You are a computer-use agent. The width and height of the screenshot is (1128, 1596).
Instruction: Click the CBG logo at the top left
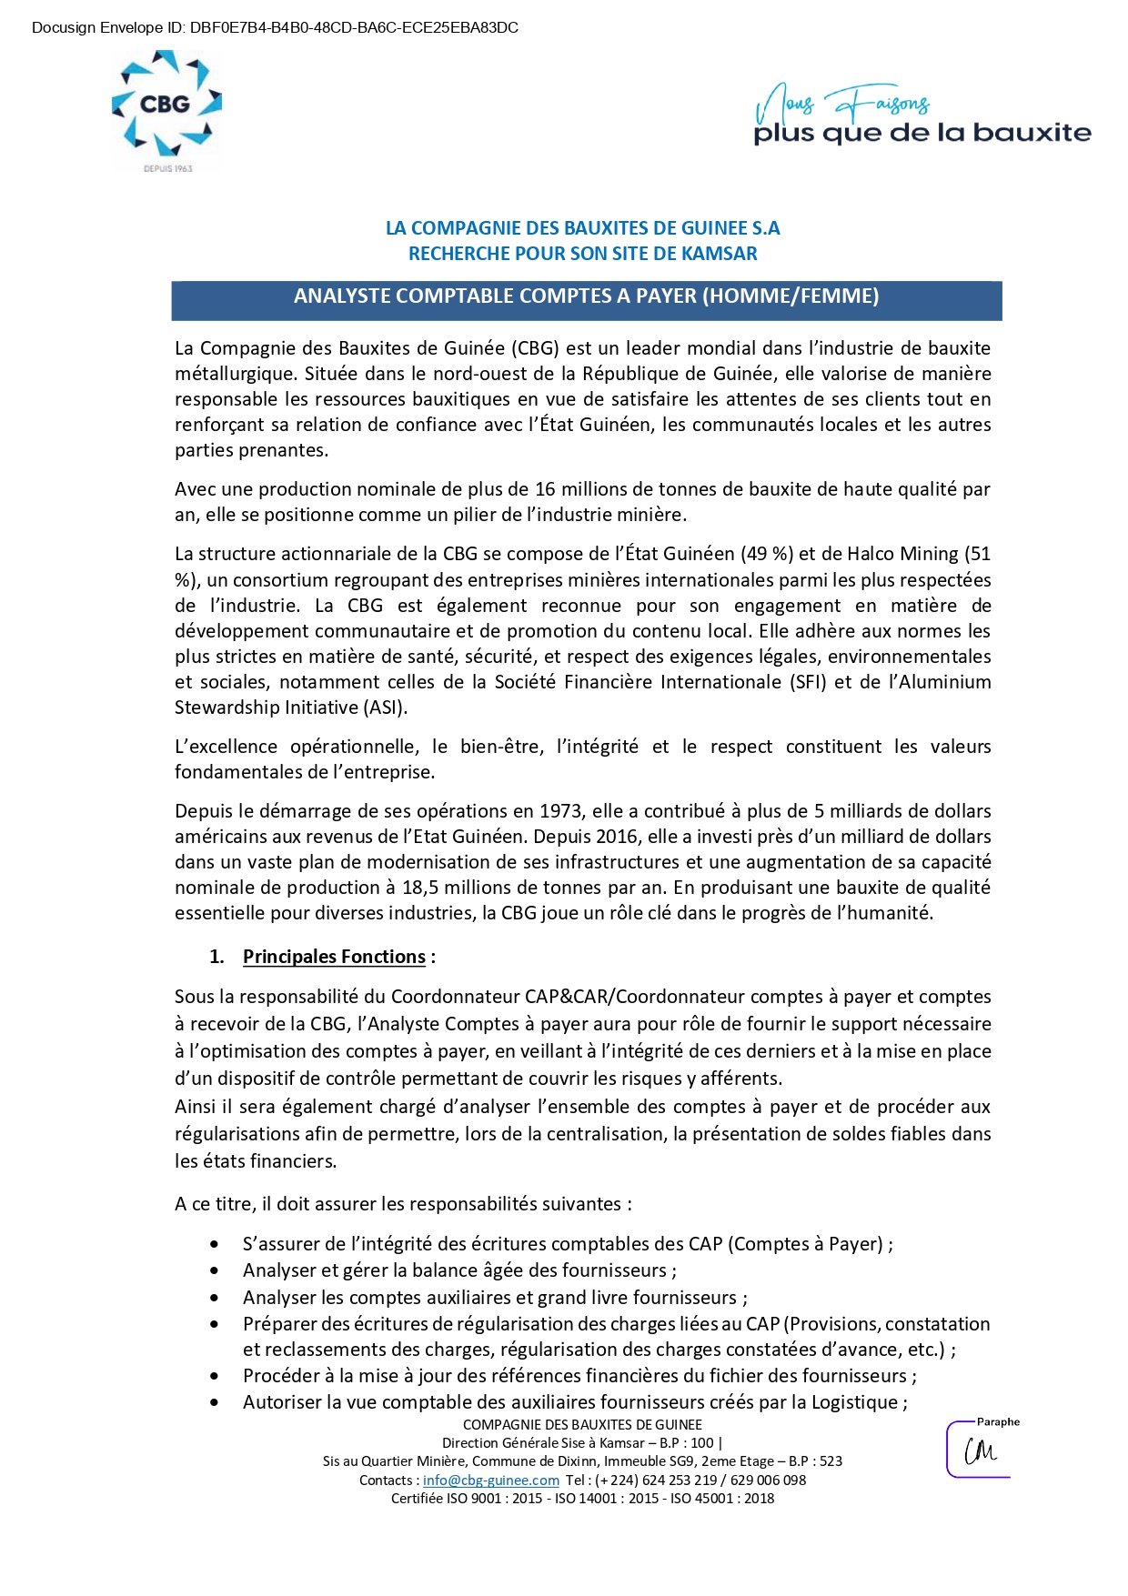click(166, 107)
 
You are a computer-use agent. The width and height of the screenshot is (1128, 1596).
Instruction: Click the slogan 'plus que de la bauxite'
click(922, 134)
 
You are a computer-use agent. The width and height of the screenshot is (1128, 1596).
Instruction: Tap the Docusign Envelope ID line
click(275, 28)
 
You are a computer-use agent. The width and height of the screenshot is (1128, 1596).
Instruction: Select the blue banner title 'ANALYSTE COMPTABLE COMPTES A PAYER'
click(586, 296)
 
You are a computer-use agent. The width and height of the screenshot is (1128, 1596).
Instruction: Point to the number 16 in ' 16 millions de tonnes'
click(545, 489)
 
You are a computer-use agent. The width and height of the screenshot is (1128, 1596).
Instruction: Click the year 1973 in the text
click(561, 811)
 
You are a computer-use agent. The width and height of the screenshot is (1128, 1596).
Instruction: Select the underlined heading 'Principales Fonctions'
click(334, 957)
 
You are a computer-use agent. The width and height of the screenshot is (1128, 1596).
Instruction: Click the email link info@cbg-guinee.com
click(491, 1481)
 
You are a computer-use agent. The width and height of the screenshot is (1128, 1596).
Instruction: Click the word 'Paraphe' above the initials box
click(998, 1422)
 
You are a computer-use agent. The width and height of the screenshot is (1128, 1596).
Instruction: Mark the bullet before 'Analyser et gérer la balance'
click(215, 1270)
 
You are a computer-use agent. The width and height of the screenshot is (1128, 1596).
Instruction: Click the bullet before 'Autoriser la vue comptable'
click(215, 1402)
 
